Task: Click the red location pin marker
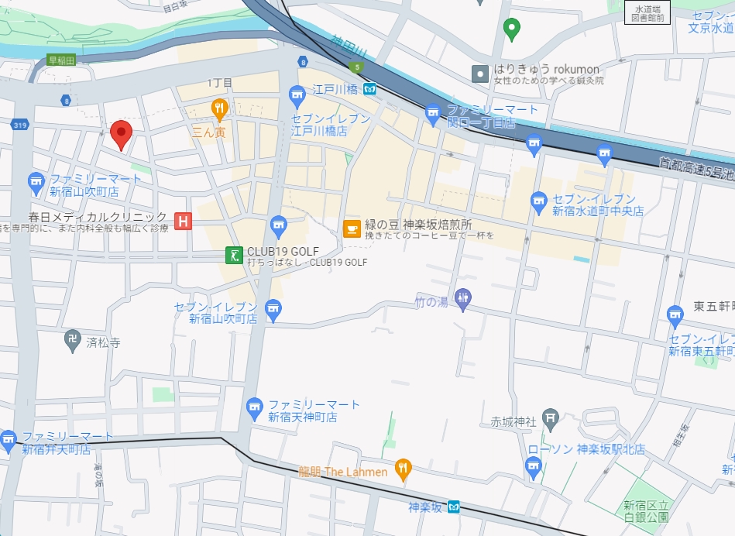120,134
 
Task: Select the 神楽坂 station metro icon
455,507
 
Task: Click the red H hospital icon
184,222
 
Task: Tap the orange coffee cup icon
352,228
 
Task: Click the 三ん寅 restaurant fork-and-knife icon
219,108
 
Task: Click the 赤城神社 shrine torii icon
550,417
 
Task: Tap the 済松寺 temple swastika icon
73,341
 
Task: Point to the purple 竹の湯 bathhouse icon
463,298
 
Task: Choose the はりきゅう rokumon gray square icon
481,74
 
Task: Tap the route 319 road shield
20,125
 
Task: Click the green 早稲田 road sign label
62,59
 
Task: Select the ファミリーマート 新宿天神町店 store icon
254,406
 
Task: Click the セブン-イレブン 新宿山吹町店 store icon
272,310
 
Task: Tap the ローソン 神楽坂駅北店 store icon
533,466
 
